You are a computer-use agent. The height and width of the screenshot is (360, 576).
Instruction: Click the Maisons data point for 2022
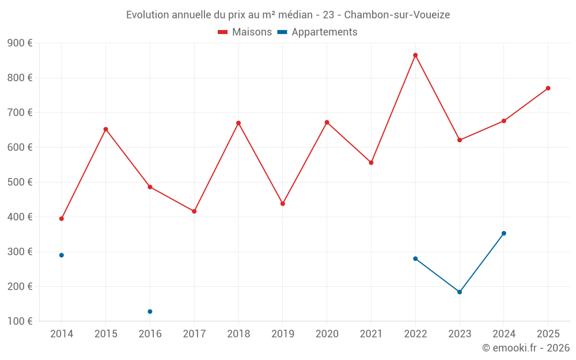[x=415, y=55]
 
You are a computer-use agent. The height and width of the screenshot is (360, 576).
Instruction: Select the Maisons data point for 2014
[x=62, y=219]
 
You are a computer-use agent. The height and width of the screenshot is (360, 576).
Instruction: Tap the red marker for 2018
[x=238, y=123]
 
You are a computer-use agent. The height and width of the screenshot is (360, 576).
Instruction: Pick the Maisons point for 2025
[x=548, y=88]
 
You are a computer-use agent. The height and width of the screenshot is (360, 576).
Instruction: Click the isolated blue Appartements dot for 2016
[x=150, y=312]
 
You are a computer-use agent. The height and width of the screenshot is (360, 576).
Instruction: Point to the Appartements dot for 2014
[x=62, y=255]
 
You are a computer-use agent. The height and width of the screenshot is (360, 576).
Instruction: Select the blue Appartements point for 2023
[x=460, y=292]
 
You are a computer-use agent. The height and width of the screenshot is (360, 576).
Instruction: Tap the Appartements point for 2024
[x=503, y=233]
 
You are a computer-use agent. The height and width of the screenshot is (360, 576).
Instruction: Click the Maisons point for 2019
[x=283, y=203]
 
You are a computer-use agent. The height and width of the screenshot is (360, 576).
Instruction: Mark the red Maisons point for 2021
[x=371, y=162]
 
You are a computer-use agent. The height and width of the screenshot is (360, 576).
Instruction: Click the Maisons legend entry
[x=245, y=32]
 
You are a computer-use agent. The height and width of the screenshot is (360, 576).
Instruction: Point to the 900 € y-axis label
[x=20, y=43]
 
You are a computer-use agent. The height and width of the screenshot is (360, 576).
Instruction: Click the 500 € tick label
[x=20, y=182]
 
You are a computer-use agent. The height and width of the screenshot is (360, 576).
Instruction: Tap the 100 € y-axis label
[x=20, y=321]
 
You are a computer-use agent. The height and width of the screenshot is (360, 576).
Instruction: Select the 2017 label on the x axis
[x=194, y=334]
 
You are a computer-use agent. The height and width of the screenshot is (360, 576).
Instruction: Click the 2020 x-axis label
[x=327, y=334]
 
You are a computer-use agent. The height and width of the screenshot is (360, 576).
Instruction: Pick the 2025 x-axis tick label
[x=548, y=334]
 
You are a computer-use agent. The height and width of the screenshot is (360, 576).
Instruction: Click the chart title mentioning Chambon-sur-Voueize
[x=287, y=14]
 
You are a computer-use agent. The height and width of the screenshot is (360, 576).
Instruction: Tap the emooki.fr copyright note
[x=525, y=348]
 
